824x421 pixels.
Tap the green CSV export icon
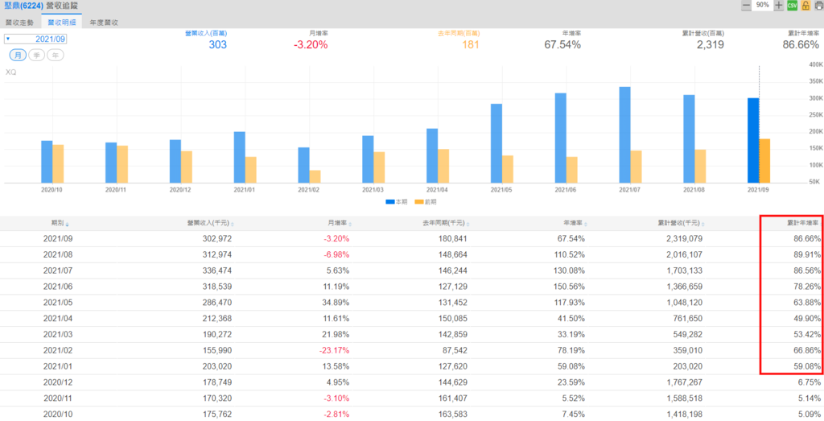792,6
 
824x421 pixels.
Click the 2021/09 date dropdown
36,39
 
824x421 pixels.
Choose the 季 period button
37,55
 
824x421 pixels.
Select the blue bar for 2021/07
624,134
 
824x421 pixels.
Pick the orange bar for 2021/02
315,176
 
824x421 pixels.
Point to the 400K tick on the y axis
814,64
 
